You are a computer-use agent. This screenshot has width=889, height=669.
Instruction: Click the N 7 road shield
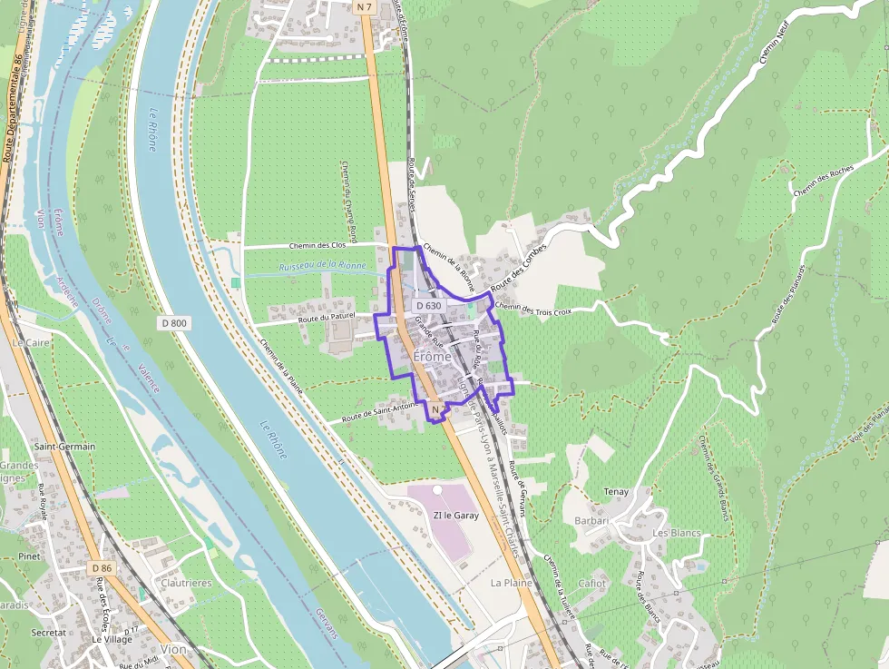click(x=365, y=7)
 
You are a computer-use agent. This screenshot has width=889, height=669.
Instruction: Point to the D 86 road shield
click(x=101, y=568)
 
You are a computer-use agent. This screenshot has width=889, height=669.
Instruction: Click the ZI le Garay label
click(x=455, y=515)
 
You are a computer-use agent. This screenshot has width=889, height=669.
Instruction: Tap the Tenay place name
click(x=616, y=492)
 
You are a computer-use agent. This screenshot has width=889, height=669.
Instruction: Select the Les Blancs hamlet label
click(x=677, y=533)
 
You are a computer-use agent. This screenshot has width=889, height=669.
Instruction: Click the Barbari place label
click(x=591, y=521)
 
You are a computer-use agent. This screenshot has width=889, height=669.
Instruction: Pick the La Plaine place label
click(x=511, y=582)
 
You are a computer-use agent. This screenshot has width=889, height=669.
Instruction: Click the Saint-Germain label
click(x=64, y=447)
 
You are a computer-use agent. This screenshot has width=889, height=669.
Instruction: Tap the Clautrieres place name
click(x=186, y=583)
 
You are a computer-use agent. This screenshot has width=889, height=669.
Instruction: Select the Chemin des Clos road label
click(x=317, y=245)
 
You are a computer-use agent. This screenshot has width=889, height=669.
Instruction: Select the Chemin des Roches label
click(x=823, y=181)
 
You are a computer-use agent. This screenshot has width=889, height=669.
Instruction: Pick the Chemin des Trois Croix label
click(x=533, y=310)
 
